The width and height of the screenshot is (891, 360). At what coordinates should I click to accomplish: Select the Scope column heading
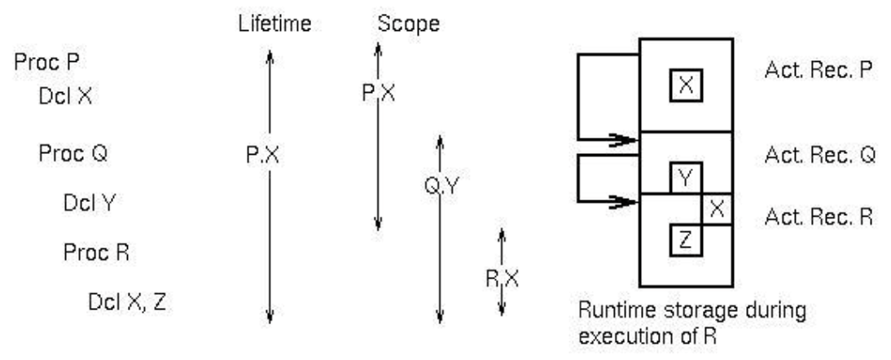tap(408, 24)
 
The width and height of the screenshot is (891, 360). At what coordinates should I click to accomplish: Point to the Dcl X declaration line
tap(65, 96)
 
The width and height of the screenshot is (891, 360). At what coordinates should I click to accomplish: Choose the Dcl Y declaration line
tap(89, 203)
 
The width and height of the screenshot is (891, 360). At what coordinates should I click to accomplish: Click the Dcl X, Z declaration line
tap(129, 303)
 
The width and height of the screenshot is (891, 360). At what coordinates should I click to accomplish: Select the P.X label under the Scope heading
tap(377, 92)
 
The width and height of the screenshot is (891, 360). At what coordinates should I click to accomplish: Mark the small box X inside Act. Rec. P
tap(686, 86)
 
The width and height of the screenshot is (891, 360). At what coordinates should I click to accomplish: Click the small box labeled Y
tap(686, 178)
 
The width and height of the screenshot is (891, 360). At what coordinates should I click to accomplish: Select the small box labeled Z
tap(686, 239)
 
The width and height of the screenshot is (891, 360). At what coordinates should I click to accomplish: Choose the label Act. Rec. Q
tap(819, 154)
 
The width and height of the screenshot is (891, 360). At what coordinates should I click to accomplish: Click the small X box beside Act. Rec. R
tap(717, 209)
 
